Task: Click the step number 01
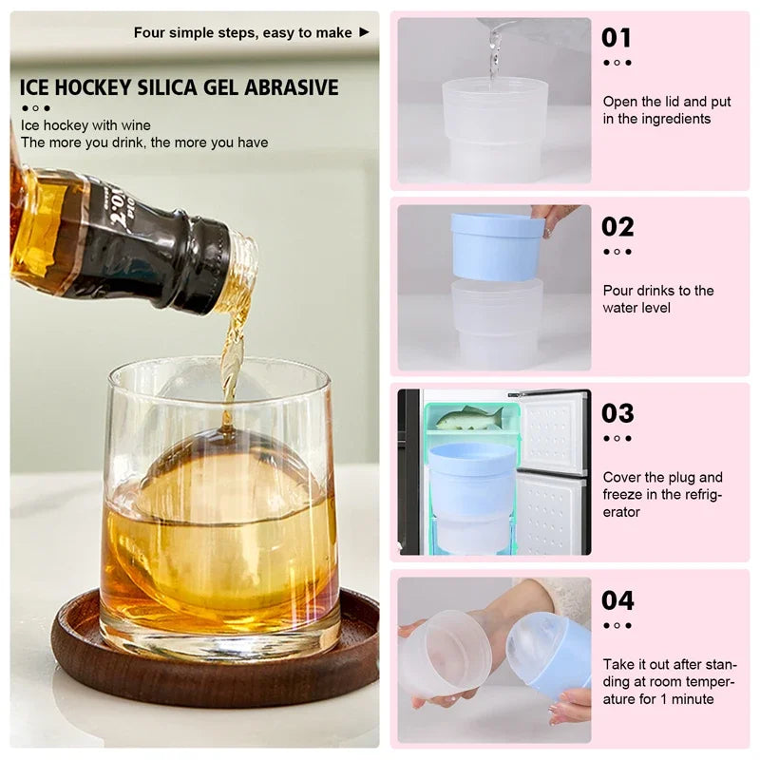[x=617, y=38]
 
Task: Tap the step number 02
[x=617, y=227]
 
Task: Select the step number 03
[x=617, y=413]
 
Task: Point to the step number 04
[x=617, y=600]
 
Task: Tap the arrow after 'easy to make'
[x=364, y=32]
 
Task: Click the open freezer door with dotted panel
[x=552, y=472]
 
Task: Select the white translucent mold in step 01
[x=494, y=128]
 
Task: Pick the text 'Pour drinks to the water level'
[x=657, y=299]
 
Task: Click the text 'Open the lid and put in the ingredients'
[x=666, y=110]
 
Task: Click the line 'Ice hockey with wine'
[x=85, y=125]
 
